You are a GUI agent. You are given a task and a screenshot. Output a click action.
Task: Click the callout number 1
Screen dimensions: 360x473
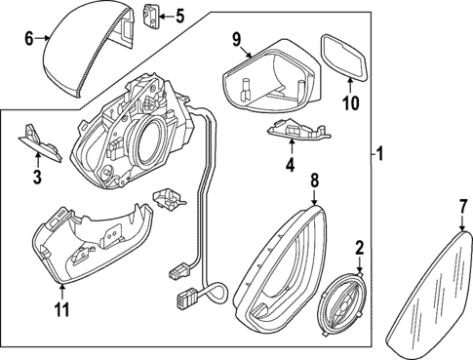[x=381, y=154]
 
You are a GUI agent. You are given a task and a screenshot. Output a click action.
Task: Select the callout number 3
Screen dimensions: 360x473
[x=36, y=177]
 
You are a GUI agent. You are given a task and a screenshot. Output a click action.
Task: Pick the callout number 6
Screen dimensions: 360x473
[x=28, y=37]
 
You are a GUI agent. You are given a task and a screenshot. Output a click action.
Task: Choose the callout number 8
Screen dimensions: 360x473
[x=314, y=180]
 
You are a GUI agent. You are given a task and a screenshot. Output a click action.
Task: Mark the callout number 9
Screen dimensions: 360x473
[x=235, y=38]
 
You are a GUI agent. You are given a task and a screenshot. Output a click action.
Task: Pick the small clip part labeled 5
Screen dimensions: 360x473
[x=151, y=17]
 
